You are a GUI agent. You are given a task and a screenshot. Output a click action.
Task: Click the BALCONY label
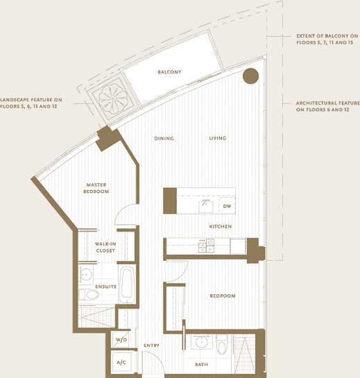click(x=169, y=72)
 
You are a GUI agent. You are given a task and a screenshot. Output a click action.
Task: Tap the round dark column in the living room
click(x=251, y=76)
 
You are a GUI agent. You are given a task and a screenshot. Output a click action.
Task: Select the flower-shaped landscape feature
click(x=113, y=99)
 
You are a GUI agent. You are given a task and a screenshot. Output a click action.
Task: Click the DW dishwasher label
click(x=227, y=206)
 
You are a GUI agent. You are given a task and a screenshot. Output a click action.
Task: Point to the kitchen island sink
click(x=206, y=207)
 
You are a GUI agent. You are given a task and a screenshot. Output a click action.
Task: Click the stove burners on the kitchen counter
click(x=206, y=246)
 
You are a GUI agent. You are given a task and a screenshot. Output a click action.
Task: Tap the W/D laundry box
click(x=121, y=340)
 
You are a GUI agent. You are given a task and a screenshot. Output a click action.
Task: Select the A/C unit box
click(x=121, y=362)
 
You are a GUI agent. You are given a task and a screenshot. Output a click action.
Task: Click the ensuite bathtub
click(x=127, y=284)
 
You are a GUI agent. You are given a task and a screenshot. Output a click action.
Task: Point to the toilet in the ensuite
click(x=89, y=295)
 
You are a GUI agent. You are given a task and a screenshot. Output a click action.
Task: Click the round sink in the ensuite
click(x=85, y=274)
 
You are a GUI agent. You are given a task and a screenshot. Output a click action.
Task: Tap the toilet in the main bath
click(x=221, y=345)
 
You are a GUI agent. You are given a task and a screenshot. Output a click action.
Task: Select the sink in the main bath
click(x=201, y=342)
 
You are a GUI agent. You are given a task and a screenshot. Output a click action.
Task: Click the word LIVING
click(x=218, y=138)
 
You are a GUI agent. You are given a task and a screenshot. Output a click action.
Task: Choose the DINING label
click(x=164, y=139)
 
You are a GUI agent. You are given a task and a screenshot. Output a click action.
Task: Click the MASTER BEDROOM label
click(x=96, y=188)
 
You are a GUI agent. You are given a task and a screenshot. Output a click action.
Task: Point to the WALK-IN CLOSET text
click(x=105, y=248)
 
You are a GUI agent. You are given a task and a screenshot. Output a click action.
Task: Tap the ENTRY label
click(x=151, y=345)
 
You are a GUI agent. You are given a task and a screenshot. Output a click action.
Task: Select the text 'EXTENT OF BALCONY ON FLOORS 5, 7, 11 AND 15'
click(x=327, y=39)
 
